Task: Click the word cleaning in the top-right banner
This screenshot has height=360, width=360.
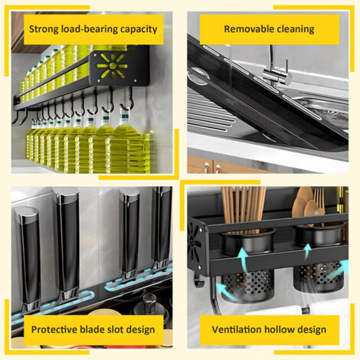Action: pyautogui.click(x=296, y=29)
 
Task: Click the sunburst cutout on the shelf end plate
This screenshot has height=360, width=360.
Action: pyautogui.click(x=112, y=65)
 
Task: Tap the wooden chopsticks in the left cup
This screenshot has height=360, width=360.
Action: pyautogui.click(x=244, y=208)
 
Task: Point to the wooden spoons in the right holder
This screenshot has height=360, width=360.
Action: pyautogui.click(x=305, y=205)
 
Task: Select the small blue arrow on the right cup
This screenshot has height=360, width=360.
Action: pyautogui.click(x=308, y=250)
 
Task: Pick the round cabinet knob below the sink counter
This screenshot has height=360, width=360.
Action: pyautogui.click(x=218, y=167)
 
